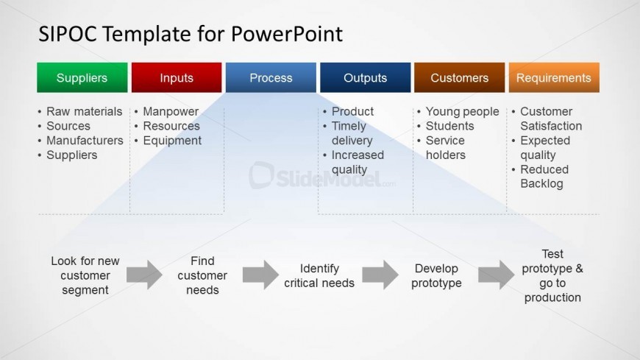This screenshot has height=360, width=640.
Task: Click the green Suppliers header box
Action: (82, 77)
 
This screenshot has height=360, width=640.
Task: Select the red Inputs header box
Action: (177, 77)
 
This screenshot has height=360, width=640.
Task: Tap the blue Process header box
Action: (271, 77)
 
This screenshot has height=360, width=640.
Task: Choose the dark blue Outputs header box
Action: (365, 77)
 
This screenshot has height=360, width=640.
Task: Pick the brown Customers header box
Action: (459, 77)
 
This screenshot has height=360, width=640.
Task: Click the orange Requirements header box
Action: (553, 77)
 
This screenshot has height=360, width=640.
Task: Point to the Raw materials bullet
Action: (84, 112)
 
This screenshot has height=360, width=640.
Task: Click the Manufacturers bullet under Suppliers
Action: (85, 141)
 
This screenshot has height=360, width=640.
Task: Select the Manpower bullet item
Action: (171, 112)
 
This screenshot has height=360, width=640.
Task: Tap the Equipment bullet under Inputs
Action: (172, 141)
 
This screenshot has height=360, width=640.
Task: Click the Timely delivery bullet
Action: (352, 133)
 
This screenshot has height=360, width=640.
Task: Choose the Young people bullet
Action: (462, 112)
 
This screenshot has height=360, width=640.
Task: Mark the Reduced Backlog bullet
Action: (544, 177)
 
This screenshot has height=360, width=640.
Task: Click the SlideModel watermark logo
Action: (322, 176)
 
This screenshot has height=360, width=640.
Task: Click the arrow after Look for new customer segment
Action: (144, 275)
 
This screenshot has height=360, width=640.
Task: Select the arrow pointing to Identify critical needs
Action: (260, 275)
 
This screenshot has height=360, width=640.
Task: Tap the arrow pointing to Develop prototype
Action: (380, 275)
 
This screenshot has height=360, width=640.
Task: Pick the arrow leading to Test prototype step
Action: (496, 275)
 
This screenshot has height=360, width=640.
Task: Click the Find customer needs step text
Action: (202, 275)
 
